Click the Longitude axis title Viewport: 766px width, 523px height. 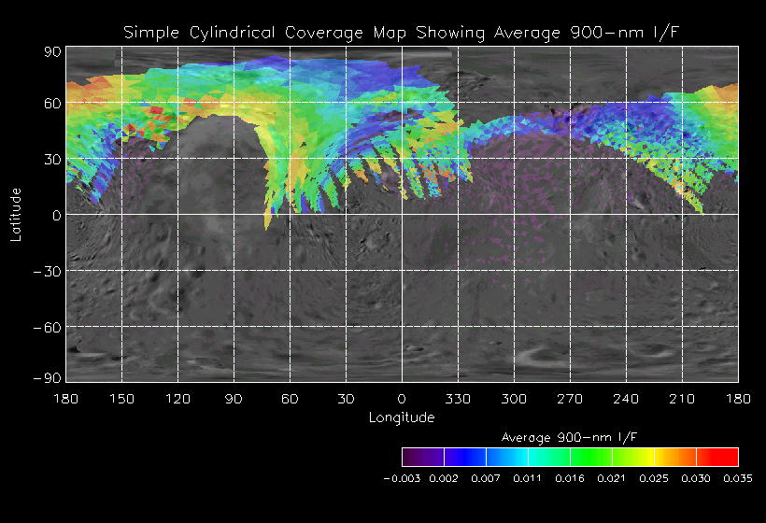(402, 417)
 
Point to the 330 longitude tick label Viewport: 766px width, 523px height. (458, 399)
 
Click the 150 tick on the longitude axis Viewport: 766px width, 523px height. (121, 399)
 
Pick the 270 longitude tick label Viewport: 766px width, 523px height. (570, 399)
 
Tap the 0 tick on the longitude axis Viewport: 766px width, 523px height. (402, 399)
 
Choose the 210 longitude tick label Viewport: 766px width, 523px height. (682, 399)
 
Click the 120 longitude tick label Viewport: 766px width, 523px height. (177, 399)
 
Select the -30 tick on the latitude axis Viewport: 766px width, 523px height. (49, 271)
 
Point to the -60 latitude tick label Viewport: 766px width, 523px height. (49, 327)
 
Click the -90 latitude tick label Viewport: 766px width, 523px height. (49, 377)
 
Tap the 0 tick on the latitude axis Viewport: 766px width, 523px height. (57, 215)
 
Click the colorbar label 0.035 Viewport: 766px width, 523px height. (738, 478)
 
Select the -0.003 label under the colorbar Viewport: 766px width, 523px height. (403, 478)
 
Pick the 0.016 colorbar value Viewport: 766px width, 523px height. (570, 478)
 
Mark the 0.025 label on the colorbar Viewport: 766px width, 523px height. (654, 478)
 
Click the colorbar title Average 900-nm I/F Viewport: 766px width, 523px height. (570, 437)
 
